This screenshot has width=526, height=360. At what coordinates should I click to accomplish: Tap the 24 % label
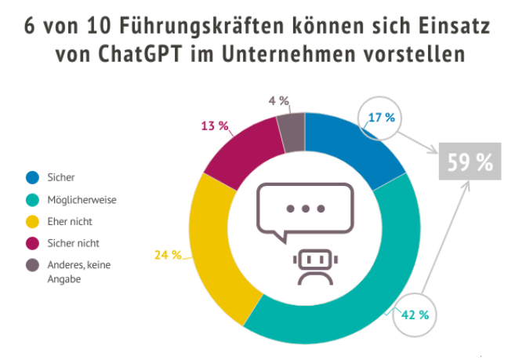[168, 255]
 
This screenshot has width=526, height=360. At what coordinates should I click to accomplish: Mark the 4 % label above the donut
[278, 100]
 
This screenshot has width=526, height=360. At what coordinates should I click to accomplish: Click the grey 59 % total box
[470, 162]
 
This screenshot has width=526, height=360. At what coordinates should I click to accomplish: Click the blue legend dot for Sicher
[32, 177]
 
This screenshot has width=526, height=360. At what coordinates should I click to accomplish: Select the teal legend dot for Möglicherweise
[32, 199]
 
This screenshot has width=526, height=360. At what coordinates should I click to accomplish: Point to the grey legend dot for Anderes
[32, 265]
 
